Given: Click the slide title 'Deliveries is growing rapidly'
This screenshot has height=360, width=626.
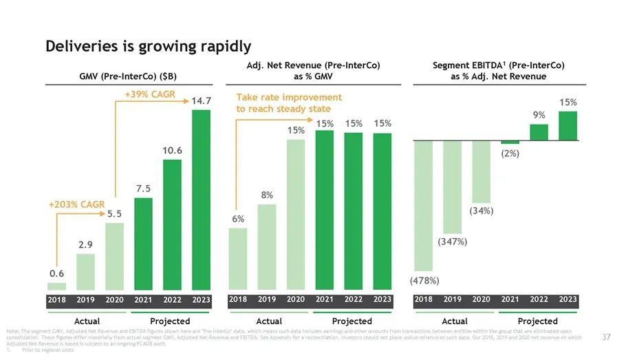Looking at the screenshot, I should (x=148, y=47).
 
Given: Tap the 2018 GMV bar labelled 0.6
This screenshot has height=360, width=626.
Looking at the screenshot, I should (x=56, y=286).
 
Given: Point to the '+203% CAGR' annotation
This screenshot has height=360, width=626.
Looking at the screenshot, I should (x=76, y=204).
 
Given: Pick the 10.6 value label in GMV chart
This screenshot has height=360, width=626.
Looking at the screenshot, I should (x=172, y=150).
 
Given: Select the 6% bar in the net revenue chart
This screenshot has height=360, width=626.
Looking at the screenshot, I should (x=238, y=259).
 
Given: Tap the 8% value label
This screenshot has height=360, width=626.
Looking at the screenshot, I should (x=267, y=195).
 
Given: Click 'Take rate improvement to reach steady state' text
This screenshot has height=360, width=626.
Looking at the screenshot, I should (x=289, y=103).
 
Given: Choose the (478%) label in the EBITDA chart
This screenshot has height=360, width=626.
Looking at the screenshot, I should (x=424, y=281).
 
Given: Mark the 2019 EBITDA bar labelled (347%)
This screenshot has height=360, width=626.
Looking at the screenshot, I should (x=453, y=187).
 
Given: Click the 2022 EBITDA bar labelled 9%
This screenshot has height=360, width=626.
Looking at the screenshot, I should (x=539, y=132).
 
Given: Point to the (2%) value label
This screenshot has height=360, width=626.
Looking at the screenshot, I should (x=510, y=153).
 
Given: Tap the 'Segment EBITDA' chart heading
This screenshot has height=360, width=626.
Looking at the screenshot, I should (x=499, y=70).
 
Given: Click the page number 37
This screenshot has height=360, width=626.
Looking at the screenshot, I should (x=606, y=337).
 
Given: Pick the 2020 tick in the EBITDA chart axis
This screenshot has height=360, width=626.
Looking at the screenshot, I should (x=482, y=300).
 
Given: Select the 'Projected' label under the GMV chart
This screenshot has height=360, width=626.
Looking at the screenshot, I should (x=170, y=321).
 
